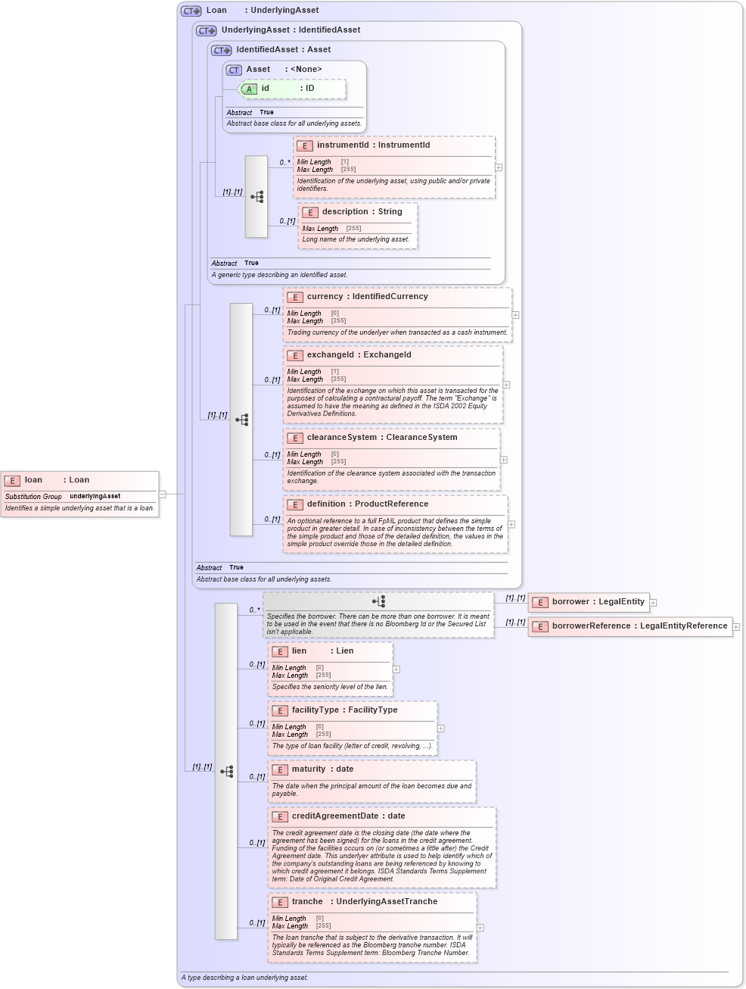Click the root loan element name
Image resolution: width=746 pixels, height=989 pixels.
[x=33, y=480]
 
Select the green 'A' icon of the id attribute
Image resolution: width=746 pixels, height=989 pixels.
[x=248, y=89]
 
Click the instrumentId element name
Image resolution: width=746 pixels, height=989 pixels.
[x=343, y=145]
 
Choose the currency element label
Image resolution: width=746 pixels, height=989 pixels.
[x=325, y=297]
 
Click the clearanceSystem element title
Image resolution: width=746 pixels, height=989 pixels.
[x=341, y=438]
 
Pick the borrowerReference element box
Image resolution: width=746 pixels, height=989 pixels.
[x=630, y=626]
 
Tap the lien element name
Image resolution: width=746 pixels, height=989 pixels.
[x=300, y=651]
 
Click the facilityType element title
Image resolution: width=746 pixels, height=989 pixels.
[x=315, y=710]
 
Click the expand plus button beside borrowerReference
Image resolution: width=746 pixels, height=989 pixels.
[x=736, y=627]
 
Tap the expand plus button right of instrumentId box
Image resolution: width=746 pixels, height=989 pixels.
[x=499, y=167]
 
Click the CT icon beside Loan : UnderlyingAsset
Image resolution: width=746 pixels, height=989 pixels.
[x=191, y=11]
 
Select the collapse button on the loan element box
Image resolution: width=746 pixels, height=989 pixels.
[x=163, y=494]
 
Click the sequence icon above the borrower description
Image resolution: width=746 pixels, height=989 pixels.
[x=379, y=601]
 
